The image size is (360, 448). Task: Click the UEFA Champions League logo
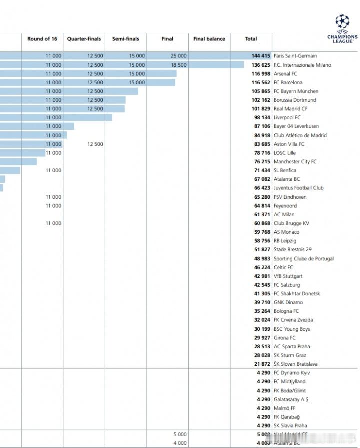coord(342,29)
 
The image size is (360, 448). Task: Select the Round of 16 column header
coord(42,39)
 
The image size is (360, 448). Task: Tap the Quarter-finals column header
coord(84,39)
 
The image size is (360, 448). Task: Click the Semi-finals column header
coord(125,39)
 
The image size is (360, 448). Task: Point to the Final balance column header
coord(209,39)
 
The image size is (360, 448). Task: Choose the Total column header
coord(251,39)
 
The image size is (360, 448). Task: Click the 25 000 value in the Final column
coord(178,56)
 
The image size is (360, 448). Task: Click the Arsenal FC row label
coord(285,74)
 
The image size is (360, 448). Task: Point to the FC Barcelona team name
coord(288,83)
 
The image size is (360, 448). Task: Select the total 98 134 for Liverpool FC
coord(261,118)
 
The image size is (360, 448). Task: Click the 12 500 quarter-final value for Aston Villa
coord(95,144)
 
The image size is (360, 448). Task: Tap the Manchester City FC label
coord(295,162)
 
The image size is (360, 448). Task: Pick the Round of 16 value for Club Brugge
coord(53,223)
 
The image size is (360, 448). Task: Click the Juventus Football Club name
coord(298,188)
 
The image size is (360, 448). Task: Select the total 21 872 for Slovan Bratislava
coord(261,364)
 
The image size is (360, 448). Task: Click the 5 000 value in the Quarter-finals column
coord(180,435)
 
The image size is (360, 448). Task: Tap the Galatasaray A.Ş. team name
coord(291,400)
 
